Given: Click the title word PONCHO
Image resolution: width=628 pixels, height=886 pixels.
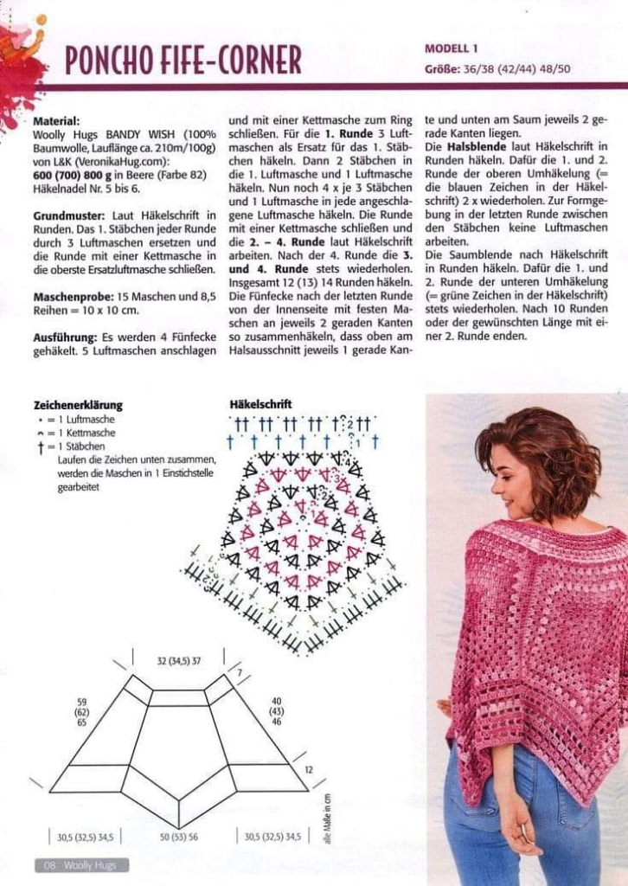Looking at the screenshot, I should point(108,60).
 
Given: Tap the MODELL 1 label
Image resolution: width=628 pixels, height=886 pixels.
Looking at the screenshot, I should point(451,48).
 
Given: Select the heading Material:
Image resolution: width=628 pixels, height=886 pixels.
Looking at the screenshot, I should point(56,122).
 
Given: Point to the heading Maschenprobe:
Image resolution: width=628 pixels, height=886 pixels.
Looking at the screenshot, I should point(74,296).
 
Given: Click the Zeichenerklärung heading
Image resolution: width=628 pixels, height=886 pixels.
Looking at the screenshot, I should point(78,405).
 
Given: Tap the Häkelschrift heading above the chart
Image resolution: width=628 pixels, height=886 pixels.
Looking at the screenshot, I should point(261,404).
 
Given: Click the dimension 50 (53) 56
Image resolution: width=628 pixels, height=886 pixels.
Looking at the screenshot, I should point(179,837).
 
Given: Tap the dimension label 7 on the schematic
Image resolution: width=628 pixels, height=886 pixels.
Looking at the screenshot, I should point(240,672).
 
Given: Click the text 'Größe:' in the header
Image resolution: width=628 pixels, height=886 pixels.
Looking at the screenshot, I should point(442,68).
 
